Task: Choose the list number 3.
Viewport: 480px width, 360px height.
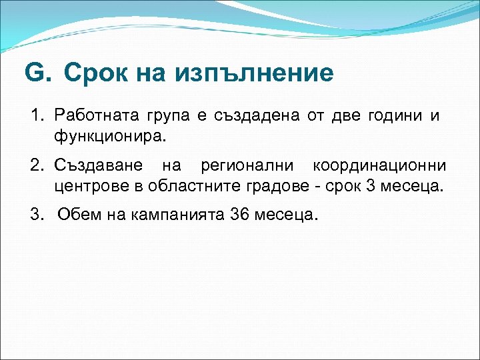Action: coord(37,215)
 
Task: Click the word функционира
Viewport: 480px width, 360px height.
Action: coord(109,137)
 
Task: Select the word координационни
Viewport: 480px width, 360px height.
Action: coord(380,165)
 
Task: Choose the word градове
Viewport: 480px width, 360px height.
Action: coord(270,185)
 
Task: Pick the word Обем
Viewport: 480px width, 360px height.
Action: coord(77,215)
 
